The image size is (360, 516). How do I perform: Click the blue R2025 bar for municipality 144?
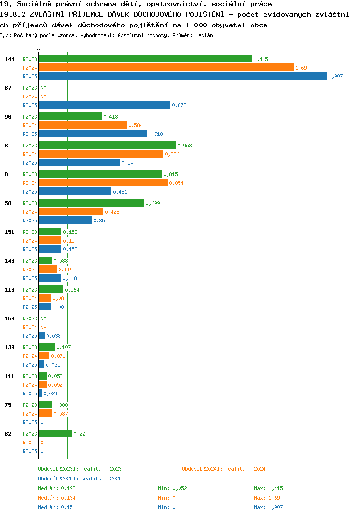tap(183, 76)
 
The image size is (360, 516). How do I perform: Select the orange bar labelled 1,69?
tap(167, 67)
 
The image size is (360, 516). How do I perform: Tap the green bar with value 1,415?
tap(145, 59)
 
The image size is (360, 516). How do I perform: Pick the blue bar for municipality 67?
tap(105, 105)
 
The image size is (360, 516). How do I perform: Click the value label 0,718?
tap(156, 134)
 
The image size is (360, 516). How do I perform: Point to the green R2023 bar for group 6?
tap(108, 145)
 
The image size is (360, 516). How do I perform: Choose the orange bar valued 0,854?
tap(103, 183)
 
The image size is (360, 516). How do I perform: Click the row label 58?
tap(8, 203)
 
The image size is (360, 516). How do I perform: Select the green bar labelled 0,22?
tap(56, 433)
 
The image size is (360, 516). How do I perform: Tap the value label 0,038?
tap(53, 336)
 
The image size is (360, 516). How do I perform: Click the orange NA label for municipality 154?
tap(43, 327)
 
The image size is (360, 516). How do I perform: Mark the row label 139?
tap(10, 347)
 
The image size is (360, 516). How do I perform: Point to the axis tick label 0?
tap(38, 49)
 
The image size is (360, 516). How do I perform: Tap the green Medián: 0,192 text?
tap(57, 488)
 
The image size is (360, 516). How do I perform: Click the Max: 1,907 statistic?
tap(268, 507)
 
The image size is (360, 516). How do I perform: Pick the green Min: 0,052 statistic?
tap(172, 488)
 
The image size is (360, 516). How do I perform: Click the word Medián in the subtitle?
tap(204, 35)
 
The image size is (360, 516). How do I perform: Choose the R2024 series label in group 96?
tap(30, 125)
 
